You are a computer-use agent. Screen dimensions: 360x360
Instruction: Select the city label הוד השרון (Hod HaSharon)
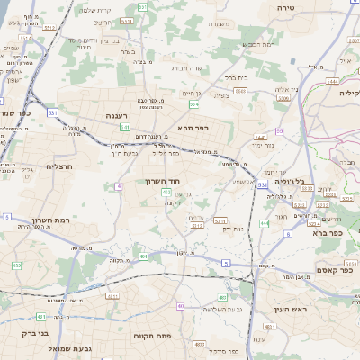pos(164,180)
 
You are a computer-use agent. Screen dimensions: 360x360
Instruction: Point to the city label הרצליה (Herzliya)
pos(58,166)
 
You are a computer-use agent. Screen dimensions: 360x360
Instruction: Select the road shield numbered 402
pos(166,192)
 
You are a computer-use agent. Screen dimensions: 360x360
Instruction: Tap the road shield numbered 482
pos(17,265)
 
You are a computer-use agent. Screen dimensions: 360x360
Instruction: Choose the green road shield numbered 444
pos(265,223)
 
